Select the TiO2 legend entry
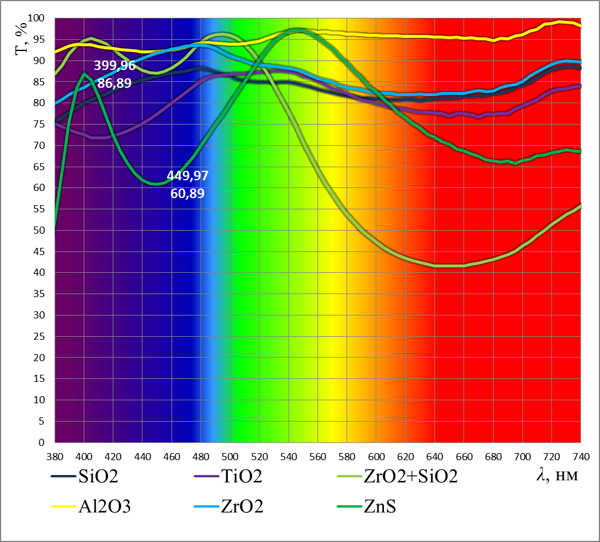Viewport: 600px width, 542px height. tap(242, 476)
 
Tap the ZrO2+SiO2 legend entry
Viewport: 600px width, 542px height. tap(410, 476)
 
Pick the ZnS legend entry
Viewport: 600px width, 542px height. tap(380, 507)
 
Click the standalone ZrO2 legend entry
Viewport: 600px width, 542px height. tap(242, 507)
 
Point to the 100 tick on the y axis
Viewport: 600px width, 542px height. tap(37, 18)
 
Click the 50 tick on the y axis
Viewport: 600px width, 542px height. tap(40, 230)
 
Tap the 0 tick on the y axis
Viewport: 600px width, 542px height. tap(43, 442)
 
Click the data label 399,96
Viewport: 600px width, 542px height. tap(115, 66)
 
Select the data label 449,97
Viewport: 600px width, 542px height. tap(187, 176)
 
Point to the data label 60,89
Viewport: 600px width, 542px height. tap(187, 193)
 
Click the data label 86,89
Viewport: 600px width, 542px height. tap(115, 84)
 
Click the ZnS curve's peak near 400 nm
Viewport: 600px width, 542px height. tap(84, 73)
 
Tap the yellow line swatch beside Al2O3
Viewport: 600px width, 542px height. tap(63, 508)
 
